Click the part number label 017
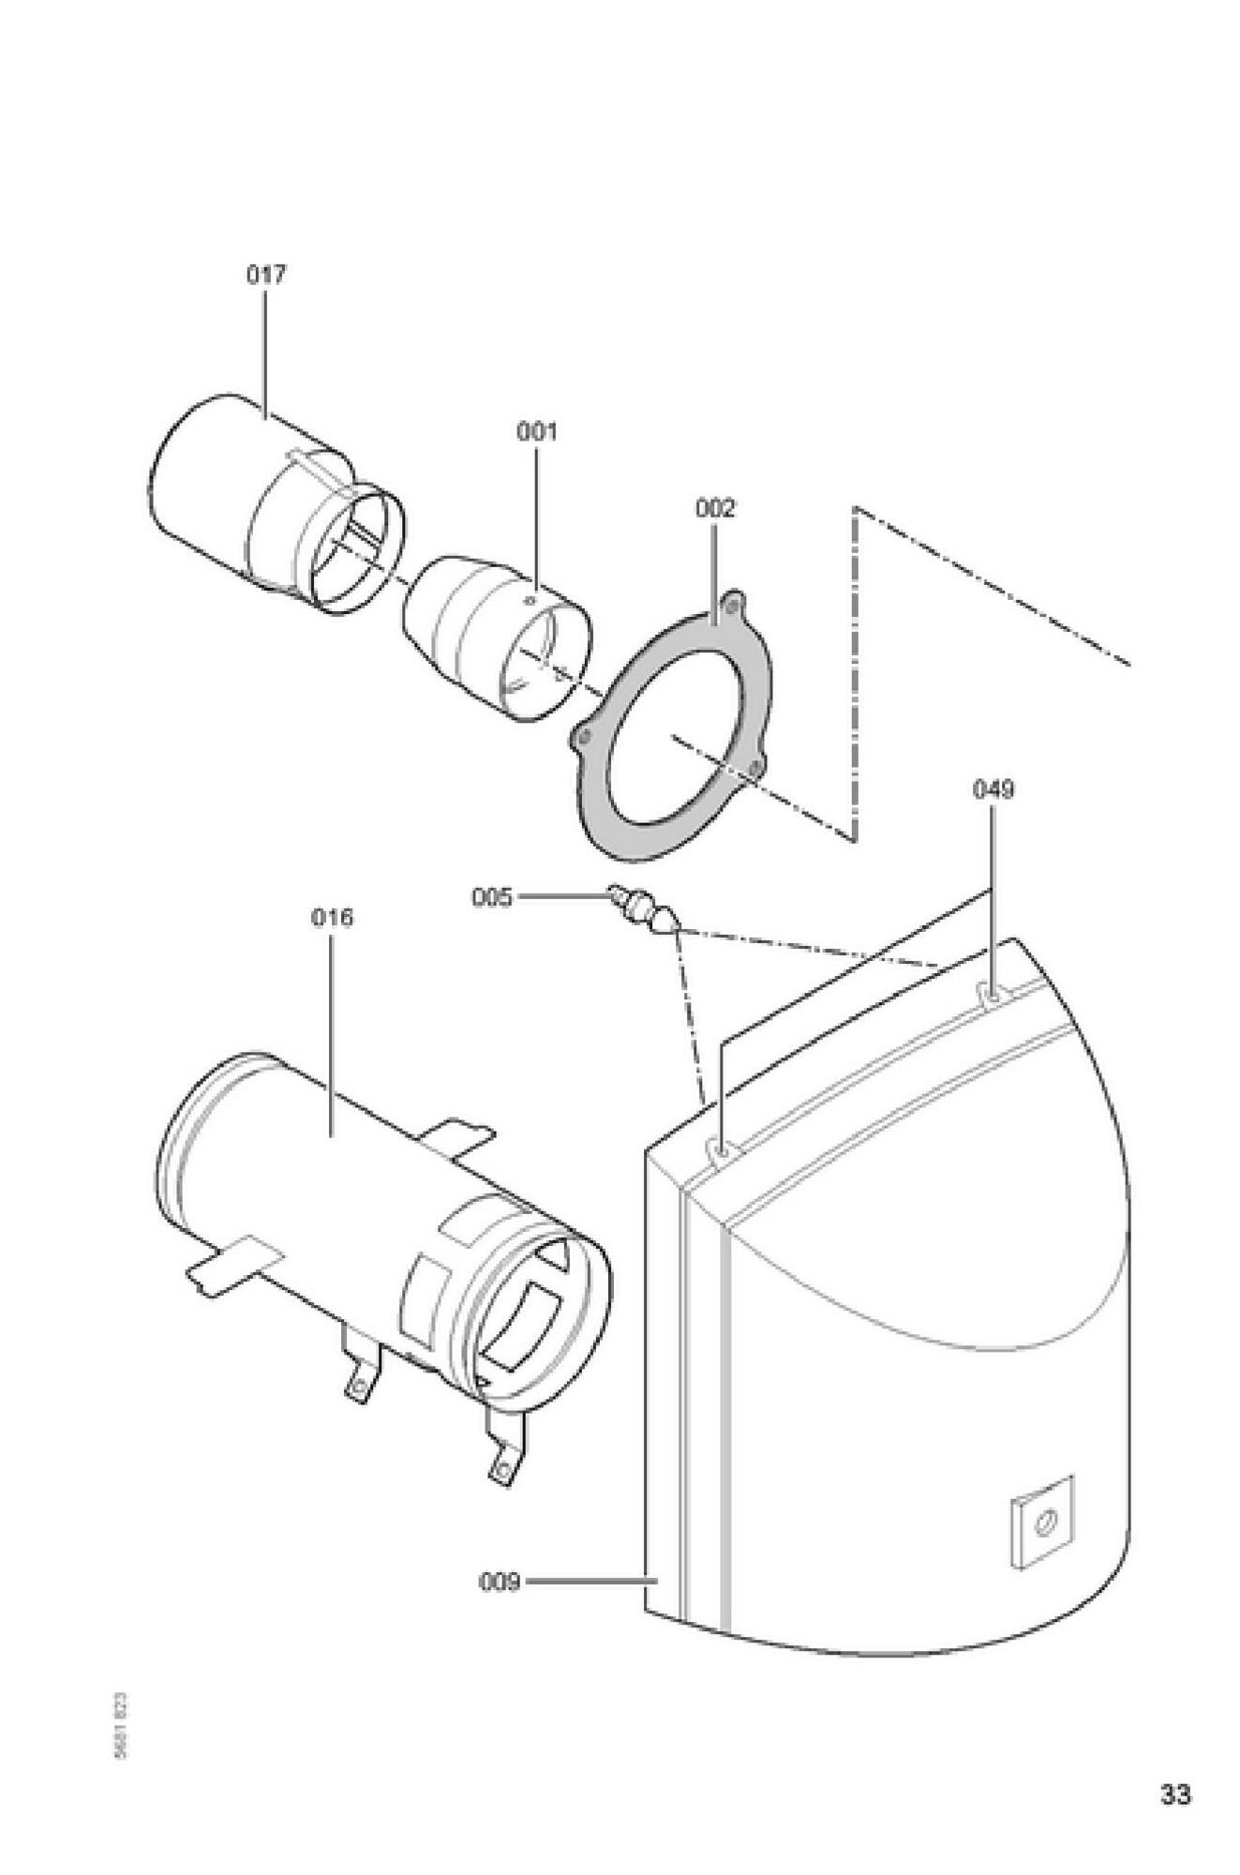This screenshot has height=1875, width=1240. click(x=266, y=275)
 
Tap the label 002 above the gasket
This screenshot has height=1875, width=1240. click(x=715, y=508)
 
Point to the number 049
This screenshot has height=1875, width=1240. click(x=993, y=789)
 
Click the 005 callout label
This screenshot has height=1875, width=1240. click(x=492, y=897)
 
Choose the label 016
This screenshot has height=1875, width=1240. click(x=333, y=917)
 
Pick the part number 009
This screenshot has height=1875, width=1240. click(x=500, y=1582)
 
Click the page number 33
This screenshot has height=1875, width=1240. click(x=1175, y=1794)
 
